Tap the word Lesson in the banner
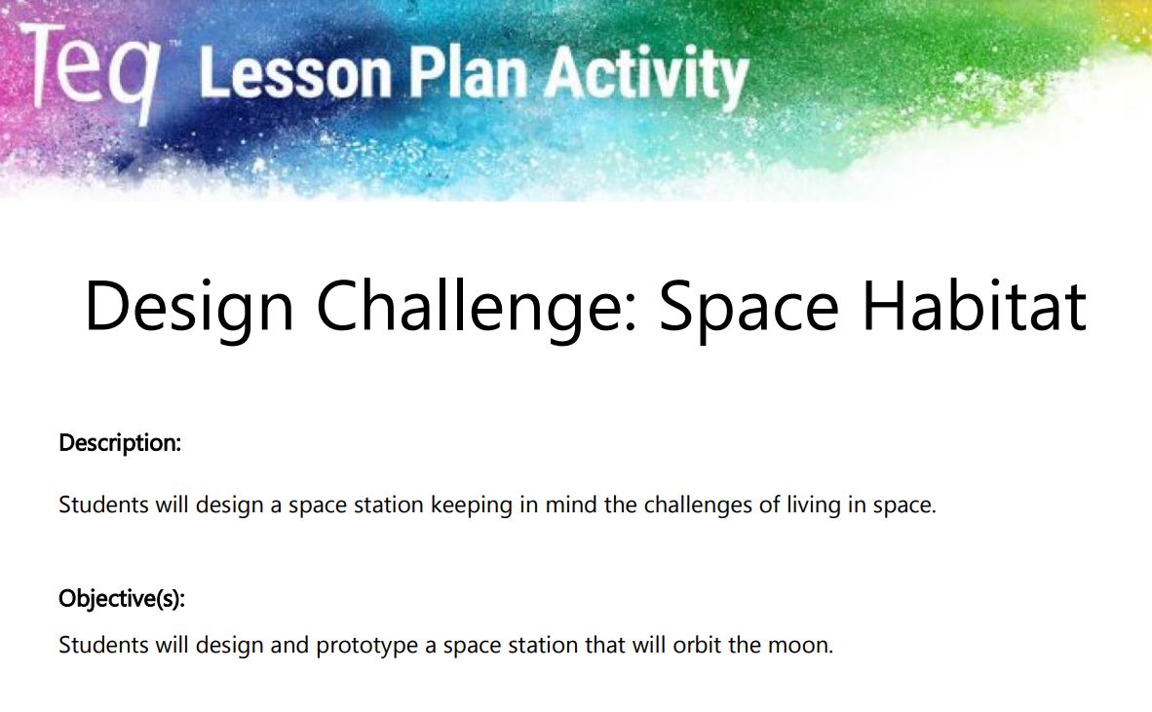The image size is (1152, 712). (295, 73)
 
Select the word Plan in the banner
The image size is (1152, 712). (468, 73)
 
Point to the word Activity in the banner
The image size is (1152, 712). (646, 77)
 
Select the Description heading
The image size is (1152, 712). (120, 443)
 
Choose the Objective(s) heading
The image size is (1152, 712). (122, 599)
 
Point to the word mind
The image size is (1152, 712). (571, 505)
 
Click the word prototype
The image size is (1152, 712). (366, 646)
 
